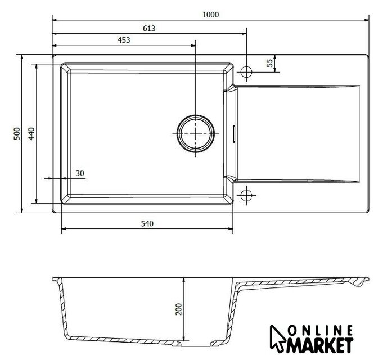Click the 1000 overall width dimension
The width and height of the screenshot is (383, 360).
(210, 15)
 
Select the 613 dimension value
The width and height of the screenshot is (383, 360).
(149, 28)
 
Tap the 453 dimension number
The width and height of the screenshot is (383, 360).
(124, 40)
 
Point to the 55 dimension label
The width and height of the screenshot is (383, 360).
(269, 63)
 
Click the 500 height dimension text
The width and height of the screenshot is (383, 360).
(17, 134)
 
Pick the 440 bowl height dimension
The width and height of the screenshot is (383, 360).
(31, 134)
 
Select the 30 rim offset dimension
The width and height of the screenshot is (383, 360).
(80, 173)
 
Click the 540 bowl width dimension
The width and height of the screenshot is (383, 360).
(147, 223)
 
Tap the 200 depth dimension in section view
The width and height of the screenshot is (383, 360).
(179, 309)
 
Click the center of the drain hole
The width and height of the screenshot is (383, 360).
(195, 134)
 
